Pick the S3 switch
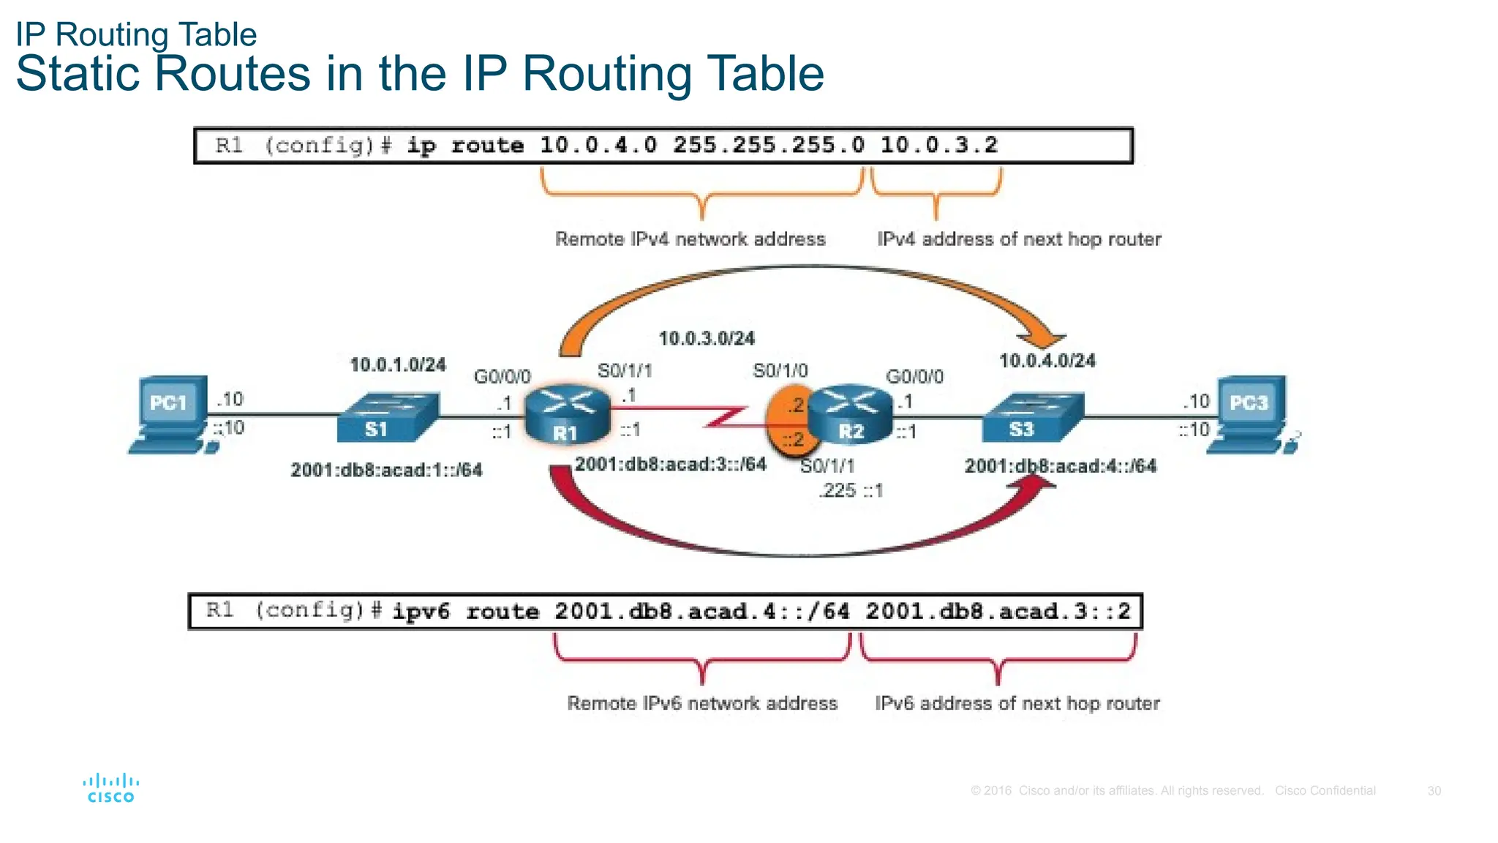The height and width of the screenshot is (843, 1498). point(1031,418)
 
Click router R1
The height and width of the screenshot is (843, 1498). point(567,415)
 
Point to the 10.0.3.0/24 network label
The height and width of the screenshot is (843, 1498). point(707,339)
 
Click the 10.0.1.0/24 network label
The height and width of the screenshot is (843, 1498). point(398,364)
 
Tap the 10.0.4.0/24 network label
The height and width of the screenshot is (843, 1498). point(1047,361)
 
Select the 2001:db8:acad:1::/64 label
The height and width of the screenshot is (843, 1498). point(386,470)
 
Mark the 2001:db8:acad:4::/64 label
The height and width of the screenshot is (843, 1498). point(1061,466)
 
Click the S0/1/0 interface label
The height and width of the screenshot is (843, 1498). point(780,371)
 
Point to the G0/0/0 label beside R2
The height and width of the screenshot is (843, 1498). point(914,377)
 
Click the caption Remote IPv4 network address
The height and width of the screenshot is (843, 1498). point(690,239)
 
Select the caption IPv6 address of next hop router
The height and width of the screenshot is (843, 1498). point(1017,703)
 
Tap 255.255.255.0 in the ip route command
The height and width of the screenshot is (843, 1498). point(768,145)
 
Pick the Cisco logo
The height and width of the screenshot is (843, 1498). point(111,788)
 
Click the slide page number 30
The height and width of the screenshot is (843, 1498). point(1434,791)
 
